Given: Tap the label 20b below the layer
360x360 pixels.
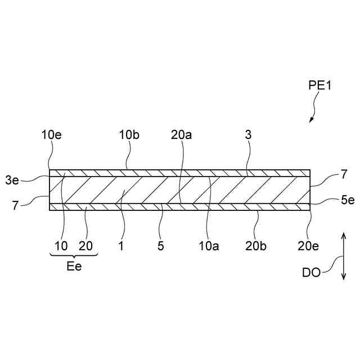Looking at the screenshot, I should click(x=256, y=246).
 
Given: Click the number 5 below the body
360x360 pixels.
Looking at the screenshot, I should click(x=161, y=246).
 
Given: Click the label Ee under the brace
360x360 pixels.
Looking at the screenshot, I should click(x=74, y=267).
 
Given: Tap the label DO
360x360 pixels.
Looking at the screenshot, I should click(x=312, y=272).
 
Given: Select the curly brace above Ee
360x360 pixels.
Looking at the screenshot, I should click(x=74, y=255).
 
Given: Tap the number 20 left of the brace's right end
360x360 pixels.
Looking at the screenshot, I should click(x=85, y=246).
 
